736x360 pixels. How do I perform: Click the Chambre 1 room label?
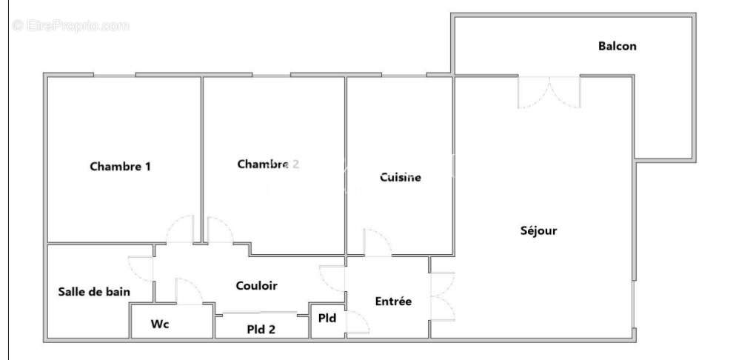pyautogui.click(x=120, y=167)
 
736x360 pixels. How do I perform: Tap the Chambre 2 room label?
pyautogui.click(x=268, y=164)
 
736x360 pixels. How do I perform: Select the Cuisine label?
pyautogui.click(x=401, y=178)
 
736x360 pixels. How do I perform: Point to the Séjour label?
pyautogui.click(x=538, y=230)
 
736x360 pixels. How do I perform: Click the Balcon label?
pyautogui.click(x=617, y=46)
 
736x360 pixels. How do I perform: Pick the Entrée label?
pyautogui.click(x=393, y=301)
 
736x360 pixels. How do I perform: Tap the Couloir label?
pyautogui.click(x=256, y=285)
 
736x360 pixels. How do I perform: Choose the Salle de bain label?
pyautogui.click(x=94, y=292)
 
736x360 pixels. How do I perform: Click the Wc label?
pyautogui.click(x=160, y=324)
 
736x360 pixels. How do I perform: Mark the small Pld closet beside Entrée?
pyautogui.click(x=327, y=319)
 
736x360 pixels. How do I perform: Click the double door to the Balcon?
pyautogui.click(x=549, y=90)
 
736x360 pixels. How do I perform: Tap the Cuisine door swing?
pyautogui.click(x=376, y=243)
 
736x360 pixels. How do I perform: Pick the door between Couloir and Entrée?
pyautogui.click(x=332, y=276)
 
